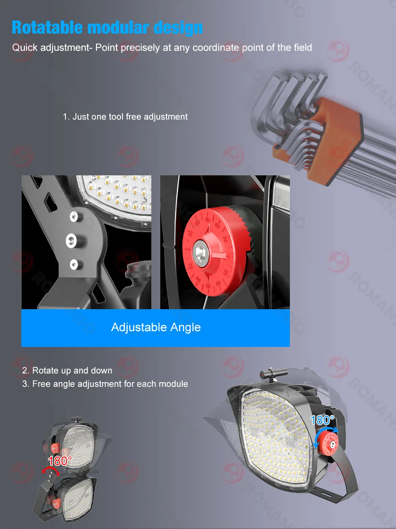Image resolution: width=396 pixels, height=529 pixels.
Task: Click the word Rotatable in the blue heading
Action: pyautogui.click(x=47, y=28)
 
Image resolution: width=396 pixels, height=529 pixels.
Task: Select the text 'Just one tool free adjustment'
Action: pyautogui.click(x=130, y=117)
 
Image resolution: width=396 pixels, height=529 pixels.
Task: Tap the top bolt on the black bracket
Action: pyautogui.click(x=74, y=217)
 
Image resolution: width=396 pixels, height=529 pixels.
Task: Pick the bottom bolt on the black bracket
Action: pyautogui.click(x=74, y=265)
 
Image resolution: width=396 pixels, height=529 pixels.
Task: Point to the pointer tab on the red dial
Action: pyautogui.click(x=219, y=256)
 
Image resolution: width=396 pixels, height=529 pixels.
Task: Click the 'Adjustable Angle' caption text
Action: pyautogui.click(x=156, y=327)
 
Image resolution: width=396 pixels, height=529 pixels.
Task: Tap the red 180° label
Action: pyautogui.click(x=59, y=461)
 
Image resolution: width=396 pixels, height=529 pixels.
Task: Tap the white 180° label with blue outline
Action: pyautogui.click(x=322, y=420)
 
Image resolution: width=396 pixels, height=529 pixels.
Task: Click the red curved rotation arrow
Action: pyautogui.click(x=50, y=470)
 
